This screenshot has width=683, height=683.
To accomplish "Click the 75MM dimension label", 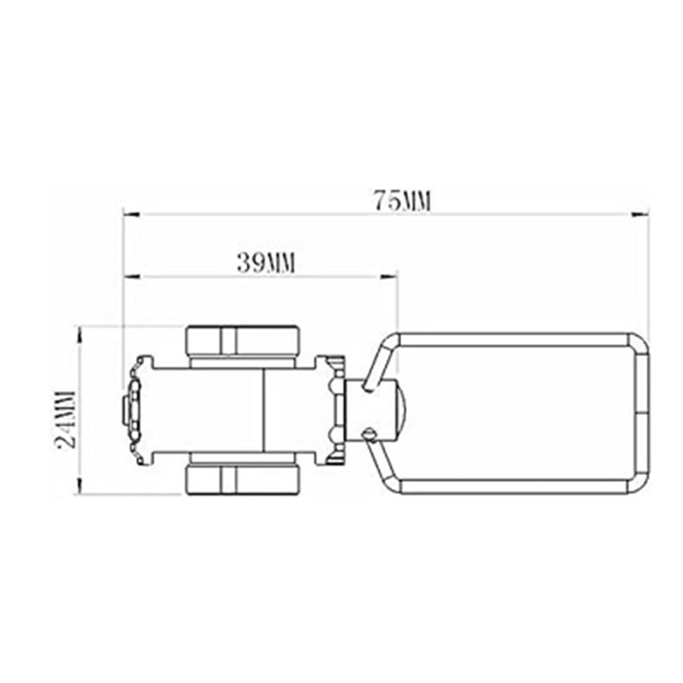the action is [403, 201].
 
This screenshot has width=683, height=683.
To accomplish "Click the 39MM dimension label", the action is [266, 263].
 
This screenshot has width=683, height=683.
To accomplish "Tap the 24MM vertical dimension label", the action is [67, 419].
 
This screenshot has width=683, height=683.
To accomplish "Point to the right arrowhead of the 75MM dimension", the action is [639, 214].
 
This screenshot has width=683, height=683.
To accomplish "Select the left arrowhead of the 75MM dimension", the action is [131, 214].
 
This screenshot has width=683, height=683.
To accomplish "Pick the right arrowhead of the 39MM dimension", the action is [389, 276].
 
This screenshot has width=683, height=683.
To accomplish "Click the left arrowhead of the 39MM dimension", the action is [131, 276].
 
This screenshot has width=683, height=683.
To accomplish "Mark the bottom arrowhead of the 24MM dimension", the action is [79, 485].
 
